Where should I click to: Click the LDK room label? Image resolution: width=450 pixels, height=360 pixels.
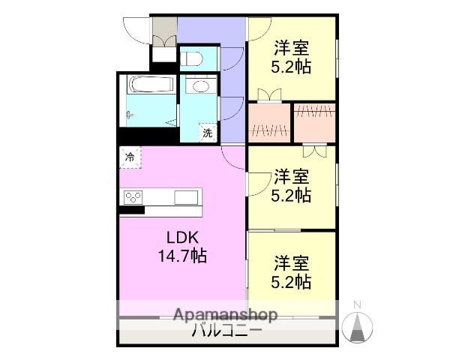click(x=181, y=237)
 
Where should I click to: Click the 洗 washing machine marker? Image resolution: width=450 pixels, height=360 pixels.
click(x=208, y=133)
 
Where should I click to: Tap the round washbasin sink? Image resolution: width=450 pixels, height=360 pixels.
click(x=200, y=85)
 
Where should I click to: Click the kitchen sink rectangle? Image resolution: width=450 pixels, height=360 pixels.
click(x=184, y=198)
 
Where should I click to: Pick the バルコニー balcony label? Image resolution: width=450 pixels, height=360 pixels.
click(x=226, y=331)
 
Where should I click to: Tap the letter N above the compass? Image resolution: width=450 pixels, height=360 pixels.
click(x=358, y=304)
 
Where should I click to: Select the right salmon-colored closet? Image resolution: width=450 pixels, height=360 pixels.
click(x=314, y=121)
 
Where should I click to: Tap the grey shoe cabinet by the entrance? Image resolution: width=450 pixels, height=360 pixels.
click(x=163, y=30)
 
